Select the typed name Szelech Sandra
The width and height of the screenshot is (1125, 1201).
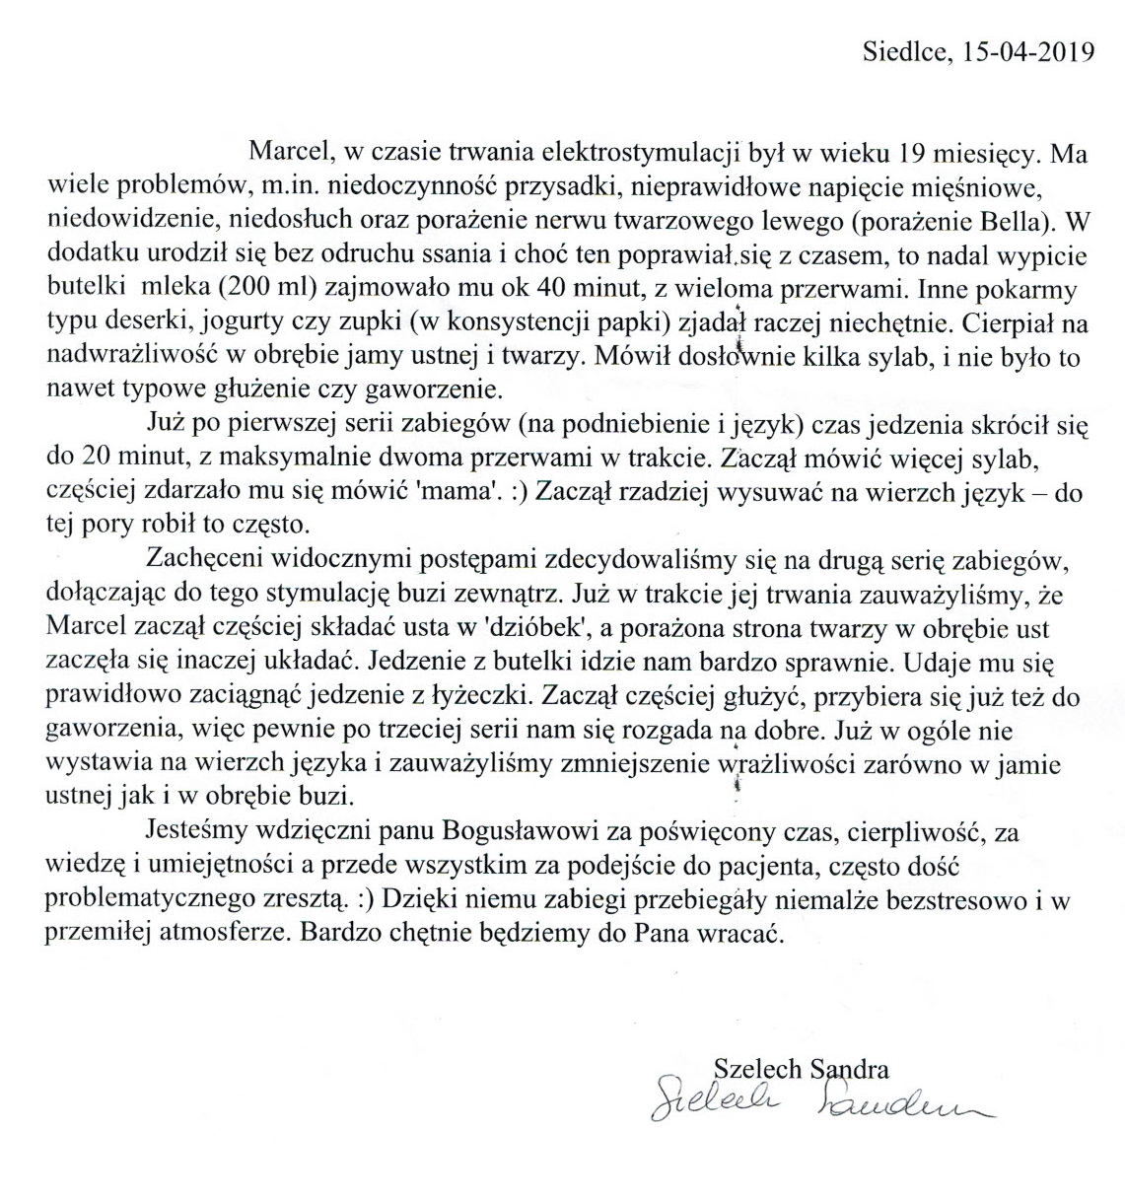pos(800,1069)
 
